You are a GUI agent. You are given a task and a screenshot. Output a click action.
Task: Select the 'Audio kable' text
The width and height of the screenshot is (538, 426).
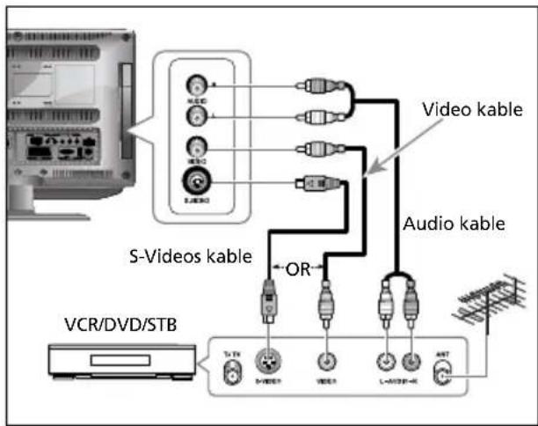(454, 224)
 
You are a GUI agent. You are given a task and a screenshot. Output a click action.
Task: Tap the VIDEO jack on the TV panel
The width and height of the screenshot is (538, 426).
(196, 148)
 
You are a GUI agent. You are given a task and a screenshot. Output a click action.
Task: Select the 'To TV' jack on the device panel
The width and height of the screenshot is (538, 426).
(232, 376)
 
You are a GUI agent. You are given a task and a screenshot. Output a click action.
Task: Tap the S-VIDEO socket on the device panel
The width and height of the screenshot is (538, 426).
(269, 363)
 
